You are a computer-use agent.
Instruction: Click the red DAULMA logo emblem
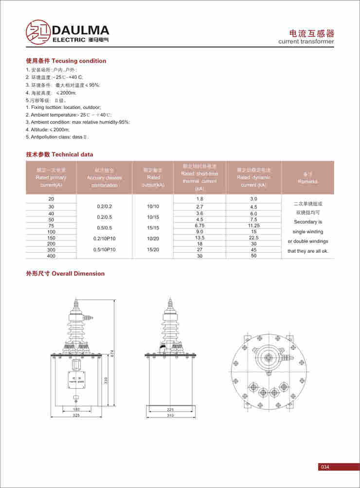pos(37,32)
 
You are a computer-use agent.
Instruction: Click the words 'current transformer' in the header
pos(306,42)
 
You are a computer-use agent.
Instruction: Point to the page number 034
pos(325,467)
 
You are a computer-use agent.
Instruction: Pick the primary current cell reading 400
pos(51,256)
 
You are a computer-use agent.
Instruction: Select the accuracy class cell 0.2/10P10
pos(104,238)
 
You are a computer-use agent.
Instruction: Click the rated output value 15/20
pos(153,249)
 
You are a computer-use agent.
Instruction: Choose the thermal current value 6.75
pos(199,226)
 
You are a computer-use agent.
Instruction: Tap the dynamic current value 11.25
pos(253,226)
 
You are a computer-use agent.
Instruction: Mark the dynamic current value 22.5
pos(253,238)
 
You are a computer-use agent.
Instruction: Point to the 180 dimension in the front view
pos(76,409)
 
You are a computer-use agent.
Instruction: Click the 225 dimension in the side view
pos(170,409)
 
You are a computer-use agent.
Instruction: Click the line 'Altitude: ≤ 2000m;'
pos(48,130)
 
